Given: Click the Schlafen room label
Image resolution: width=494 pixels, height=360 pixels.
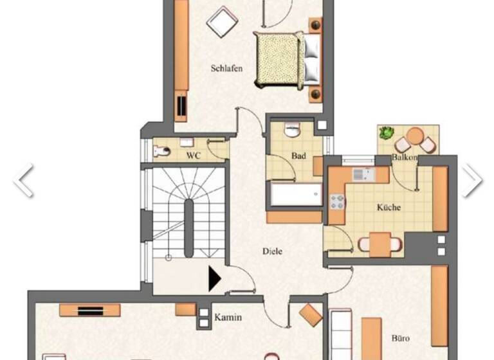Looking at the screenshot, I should [226, 68].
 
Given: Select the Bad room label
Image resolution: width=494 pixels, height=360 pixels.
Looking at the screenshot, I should [298, 156].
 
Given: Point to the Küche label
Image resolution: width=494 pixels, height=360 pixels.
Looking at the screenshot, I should [389, 207].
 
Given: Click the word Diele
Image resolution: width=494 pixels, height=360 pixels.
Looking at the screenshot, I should [272, 251].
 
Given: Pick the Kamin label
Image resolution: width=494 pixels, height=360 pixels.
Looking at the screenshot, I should [228, 317].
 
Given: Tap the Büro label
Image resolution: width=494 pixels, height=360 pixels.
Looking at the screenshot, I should [400, 337].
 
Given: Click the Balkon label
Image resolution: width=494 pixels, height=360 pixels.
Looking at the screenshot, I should [405, 157].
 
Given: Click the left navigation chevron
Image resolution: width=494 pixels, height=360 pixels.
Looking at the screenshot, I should [24, 180].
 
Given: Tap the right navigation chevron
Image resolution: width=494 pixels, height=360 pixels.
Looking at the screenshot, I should [471, 180].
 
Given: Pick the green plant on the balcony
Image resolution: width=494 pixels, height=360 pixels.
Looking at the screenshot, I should [386, 133].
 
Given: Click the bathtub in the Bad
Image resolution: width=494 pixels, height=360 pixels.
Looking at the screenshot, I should [296, 195].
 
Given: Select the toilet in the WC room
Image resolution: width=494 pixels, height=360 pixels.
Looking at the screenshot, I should [162, 152].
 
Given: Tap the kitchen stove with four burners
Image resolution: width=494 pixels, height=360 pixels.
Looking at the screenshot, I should [338, 202].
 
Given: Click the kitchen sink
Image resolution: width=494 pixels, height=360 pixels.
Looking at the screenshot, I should [361, 173].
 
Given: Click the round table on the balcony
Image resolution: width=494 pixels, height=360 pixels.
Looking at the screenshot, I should [416, 136].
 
